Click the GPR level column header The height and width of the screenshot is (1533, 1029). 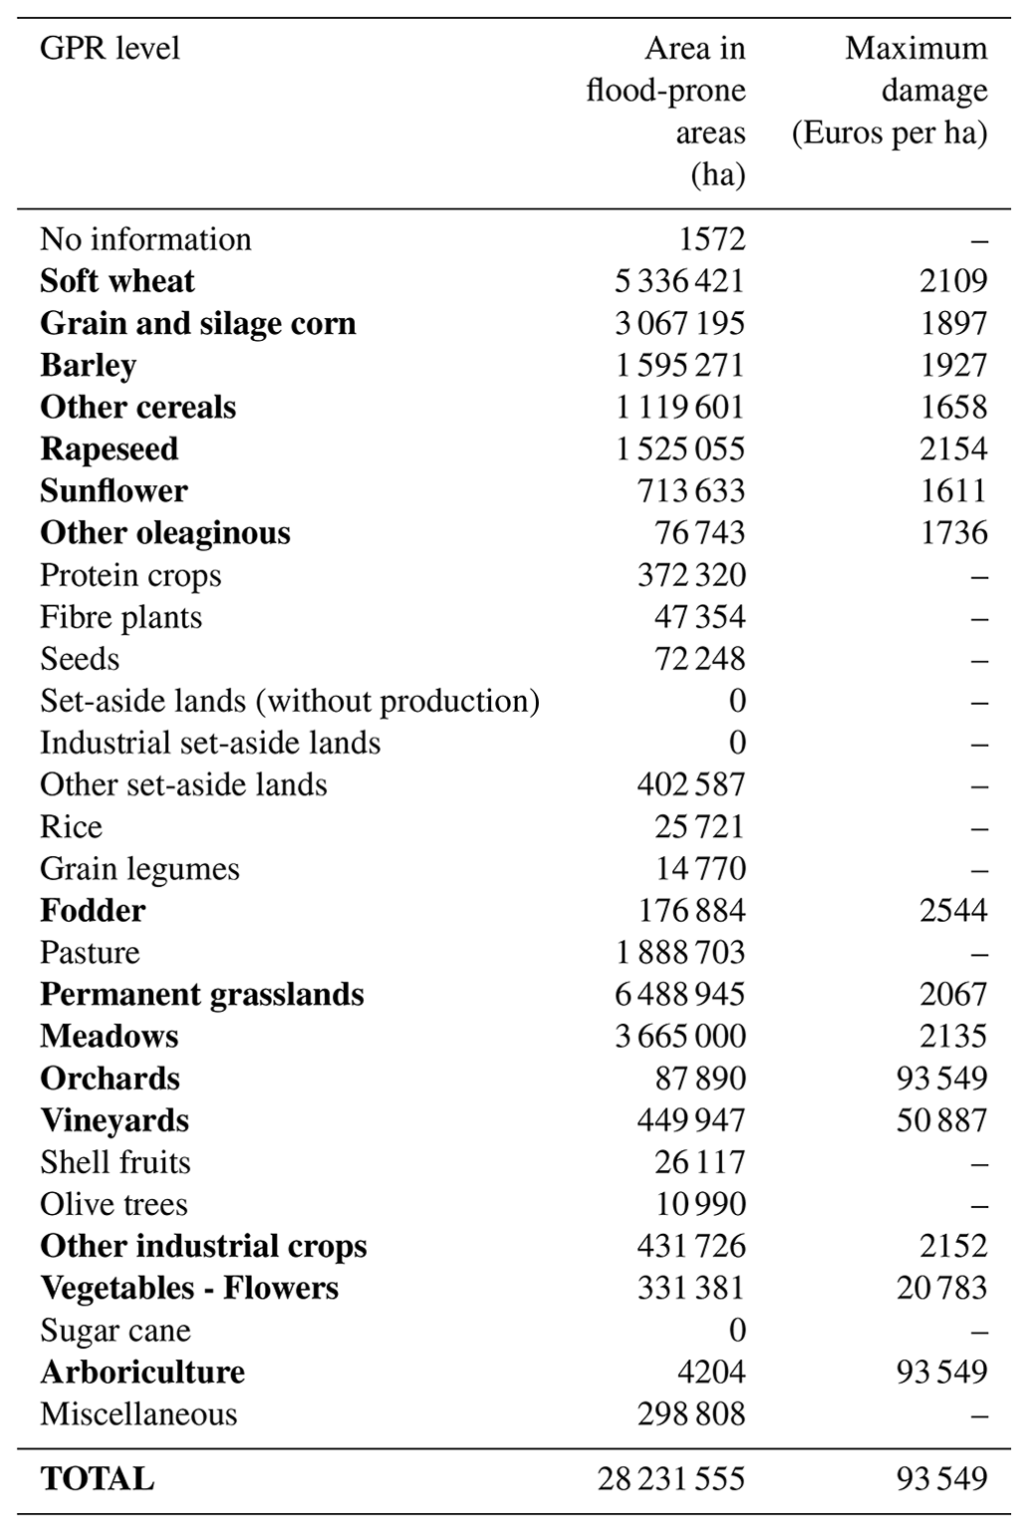click(110, 48)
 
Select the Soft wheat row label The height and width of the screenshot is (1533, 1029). click(118, 281)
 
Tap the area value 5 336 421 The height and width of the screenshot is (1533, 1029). click(678, 281)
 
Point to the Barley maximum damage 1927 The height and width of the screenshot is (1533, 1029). click(953, 365)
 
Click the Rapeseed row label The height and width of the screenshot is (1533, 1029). click(109, 449)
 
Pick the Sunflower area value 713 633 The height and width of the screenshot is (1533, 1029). click(690, 490)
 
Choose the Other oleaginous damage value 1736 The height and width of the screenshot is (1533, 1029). click(953, 532)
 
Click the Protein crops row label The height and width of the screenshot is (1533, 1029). click(130, 575)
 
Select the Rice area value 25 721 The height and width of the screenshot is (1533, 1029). click(700, 826)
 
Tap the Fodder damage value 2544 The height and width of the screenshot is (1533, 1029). click(953, 910)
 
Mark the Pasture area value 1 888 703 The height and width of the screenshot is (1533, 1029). click(679, 952)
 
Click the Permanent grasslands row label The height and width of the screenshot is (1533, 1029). click(202, 995)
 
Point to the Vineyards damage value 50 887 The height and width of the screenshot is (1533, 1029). click(941, 1120)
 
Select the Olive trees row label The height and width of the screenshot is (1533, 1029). click(114, 1204)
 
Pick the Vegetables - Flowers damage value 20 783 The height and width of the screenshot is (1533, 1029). click(941, 1288)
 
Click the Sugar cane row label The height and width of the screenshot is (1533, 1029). click(115, 1331)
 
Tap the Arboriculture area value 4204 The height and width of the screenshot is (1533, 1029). click(711, 1373)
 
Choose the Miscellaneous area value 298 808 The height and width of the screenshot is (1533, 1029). click(690, 1414)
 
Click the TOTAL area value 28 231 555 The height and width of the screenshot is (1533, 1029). click(670, 1478)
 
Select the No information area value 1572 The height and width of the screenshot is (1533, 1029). click(711, 239)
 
